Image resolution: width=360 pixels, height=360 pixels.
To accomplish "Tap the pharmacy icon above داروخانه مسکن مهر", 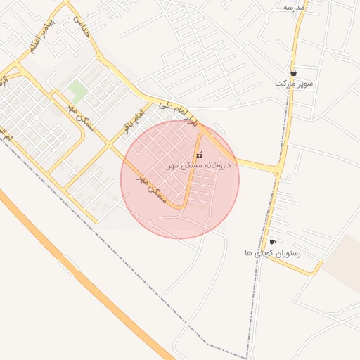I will pos(199,154).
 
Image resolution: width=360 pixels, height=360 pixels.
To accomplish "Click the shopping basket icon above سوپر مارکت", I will pos(293,72).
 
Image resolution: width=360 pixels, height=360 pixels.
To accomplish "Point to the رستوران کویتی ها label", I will pos(272,252).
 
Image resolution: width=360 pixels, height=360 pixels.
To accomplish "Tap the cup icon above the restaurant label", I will pos(272,243).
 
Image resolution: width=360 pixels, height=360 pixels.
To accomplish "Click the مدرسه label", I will pos(294,6).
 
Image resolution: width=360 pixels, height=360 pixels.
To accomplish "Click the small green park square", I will pos(77,90).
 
